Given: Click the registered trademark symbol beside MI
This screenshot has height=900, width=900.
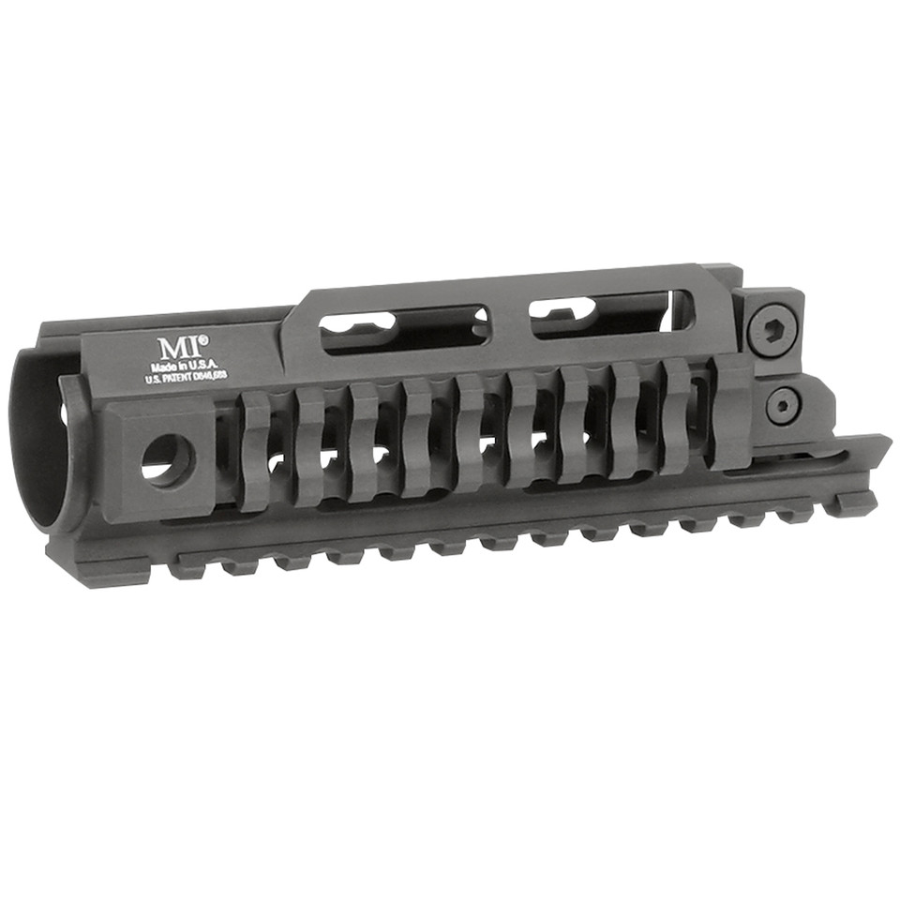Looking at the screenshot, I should coord(203,340).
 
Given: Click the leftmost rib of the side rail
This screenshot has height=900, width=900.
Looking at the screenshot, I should coord(254,450).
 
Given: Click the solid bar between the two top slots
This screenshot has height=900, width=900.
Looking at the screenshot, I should coord(507,323).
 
